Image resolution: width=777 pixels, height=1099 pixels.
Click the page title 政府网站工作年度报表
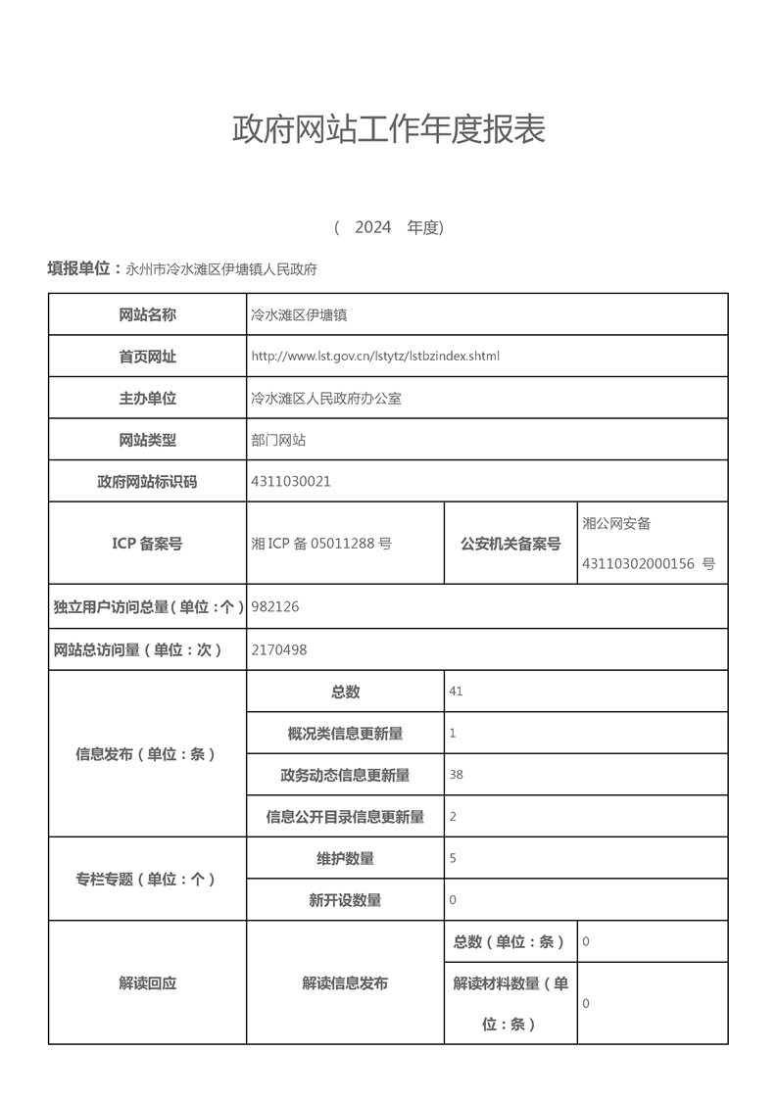coord(388,129)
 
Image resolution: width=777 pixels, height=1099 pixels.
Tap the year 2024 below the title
coord(373,227)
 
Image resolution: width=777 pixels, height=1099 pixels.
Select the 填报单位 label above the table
coord(85,268)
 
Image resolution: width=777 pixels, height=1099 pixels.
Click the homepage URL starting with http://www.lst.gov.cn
coord(375,356)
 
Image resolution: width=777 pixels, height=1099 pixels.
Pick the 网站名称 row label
coord(147,314)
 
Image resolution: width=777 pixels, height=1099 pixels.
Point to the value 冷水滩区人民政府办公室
coord(326,399)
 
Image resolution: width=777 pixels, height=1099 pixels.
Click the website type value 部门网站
coord(278,440)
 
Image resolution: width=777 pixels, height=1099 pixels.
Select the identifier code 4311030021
coord(291,481)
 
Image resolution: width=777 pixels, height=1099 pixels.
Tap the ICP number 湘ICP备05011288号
coord(321,543)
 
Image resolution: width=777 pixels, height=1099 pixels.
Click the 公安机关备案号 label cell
coord(510,543)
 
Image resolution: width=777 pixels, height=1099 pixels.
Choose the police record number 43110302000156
coord(638,563)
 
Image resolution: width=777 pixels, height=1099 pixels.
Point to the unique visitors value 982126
coord(275,606)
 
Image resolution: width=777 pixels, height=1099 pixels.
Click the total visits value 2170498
coord(279,648)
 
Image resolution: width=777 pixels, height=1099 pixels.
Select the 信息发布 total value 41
coord(456,692)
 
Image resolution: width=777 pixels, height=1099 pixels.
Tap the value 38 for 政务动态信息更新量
coord(456,774)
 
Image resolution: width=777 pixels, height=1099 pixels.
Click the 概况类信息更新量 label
coord(345,733)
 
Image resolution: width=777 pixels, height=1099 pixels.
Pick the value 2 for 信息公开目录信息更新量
coord(453,816)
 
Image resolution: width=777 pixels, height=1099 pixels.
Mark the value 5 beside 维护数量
coord(453,858)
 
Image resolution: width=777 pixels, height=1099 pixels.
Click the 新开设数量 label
coord(345,899)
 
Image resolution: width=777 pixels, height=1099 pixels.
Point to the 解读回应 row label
coord(147,982)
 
